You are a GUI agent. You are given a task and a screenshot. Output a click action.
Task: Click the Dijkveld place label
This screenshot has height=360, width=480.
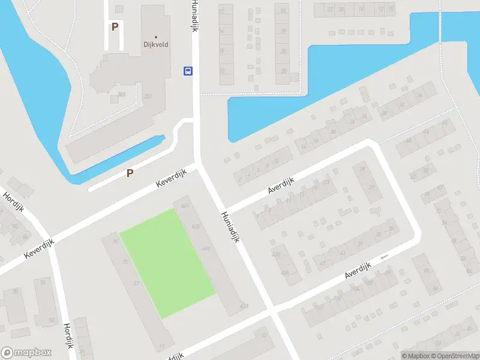click(156, 44)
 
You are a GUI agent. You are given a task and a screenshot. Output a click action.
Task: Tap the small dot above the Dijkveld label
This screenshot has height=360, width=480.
click(156, 37)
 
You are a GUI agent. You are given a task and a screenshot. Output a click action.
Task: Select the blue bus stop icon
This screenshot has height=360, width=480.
click(188, 71)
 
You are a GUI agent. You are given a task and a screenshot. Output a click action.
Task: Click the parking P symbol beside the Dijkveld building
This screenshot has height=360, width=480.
click(115, 26)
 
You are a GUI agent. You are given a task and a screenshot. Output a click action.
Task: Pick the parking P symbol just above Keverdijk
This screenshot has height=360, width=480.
click(130, 173)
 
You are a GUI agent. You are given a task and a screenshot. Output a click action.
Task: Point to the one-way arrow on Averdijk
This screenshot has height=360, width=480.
click(384, 257)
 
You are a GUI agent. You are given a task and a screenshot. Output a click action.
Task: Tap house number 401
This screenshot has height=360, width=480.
click(185, 206)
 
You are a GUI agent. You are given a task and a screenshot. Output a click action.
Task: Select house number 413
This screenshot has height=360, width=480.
click(243, 306)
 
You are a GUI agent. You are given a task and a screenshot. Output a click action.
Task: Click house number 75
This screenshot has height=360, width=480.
click(115, 242)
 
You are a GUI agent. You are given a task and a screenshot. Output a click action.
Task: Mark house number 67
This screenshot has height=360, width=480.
click(136, 283)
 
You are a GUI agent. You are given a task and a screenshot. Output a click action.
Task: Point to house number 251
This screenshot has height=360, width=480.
click(147, 96)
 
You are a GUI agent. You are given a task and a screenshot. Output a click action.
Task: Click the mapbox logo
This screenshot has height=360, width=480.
click(26, 352)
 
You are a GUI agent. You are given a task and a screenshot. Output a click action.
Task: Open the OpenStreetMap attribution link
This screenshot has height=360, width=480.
click(454, 355)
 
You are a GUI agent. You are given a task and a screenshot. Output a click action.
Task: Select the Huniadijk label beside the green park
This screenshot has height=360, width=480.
click(230, 227)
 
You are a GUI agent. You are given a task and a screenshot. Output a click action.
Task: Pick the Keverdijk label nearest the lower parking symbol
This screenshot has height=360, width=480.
click(172, 178)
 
